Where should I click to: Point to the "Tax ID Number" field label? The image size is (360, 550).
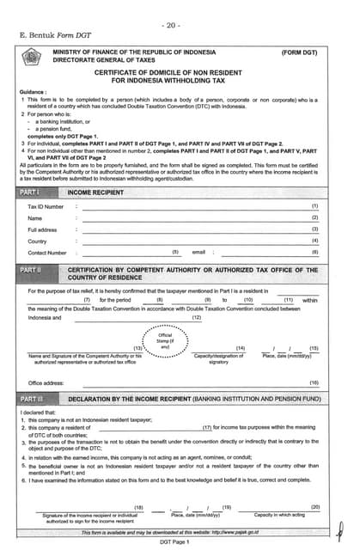point(46,207)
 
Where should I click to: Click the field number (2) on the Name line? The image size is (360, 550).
point(314,218)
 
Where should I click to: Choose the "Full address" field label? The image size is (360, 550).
point(42,230)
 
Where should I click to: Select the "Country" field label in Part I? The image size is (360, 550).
point(37,241)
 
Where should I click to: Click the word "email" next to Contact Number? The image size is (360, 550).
point(198,253)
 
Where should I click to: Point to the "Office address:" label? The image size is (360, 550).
point(46,382)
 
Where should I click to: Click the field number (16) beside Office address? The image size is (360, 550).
point(314,382)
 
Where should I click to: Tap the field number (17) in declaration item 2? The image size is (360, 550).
point(207,427)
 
